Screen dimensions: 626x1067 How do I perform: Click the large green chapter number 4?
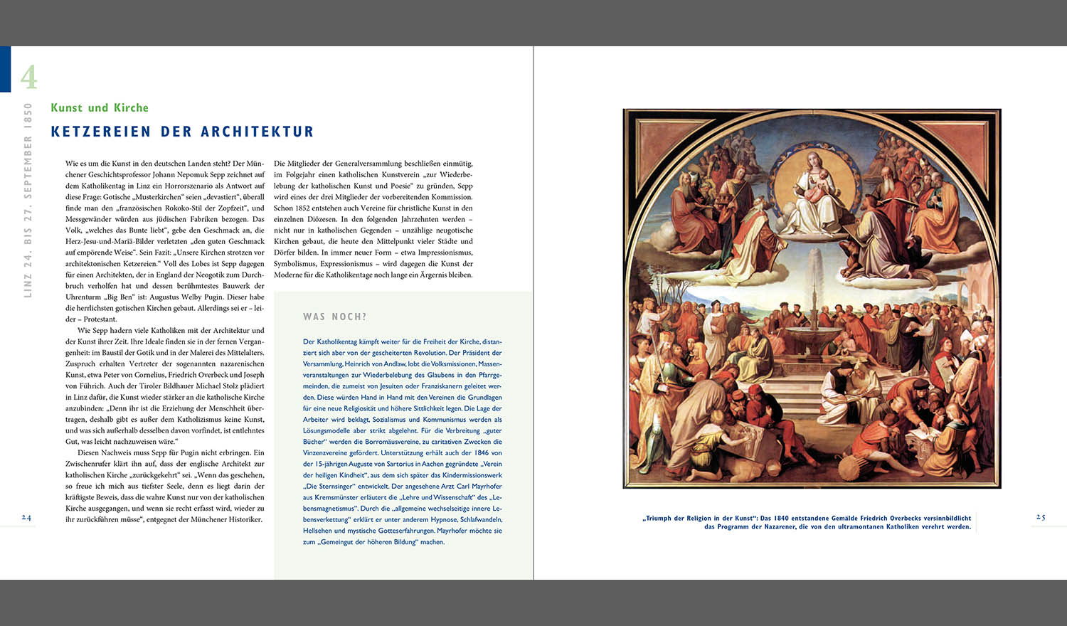click(x=28, y=76)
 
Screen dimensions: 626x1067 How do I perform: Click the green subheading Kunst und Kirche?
click(x=100, y=107)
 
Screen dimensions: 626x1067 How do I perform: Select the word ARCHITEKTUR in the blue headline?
click(x=258, y=132)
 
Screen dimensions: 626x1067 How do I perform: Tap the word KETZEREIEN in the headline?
click(x=101, y=132)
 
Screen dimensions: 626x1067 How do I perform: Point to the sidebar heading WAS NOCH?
click(x=335, y=317)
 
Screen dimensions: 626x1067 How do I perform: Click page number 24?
click(x=26, y=517)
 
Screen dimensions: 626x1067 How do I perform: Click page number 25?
click(x=1040, y=517)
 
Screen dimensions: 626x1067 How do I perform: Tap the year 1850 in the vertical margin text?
click(x=28, y=115)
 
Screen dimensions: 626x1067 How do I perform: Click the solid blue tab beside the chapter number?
click(x=5, y=69)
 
